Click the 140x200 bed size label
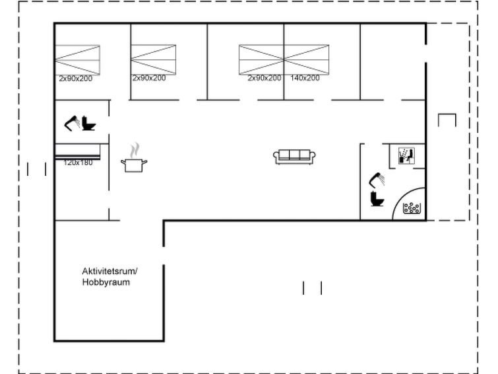pyautogui.click(x=305, y=78)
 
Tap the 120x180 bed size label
pyautogui.click(x=78, y=163)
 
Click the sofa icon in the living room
pyautogui.click(x=294, y=157)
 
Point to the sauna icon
pyautogui.click(x=406, y=156)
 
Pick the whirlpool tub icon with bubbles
pyautogui.click(x=412, y=208)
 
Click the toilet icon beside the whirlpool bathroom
pyautogui.click(x=377, y=199)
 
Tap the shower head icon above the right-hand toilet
pyautogui.click(x=377, y=180)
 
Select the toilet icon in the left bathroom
pyautogui.click(x=88, y=124)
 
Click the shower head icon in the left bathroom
pyautogui.click(x=72, y=124)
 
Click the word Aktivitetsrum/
pyautogui.click(x=110, y=272)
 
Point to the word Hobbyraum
pyautogui.click(x=106, y=282)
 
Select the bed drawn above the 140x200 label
pyautogui.click(x=307, y=60)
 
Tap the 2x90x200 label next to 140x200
pyautogui.click(x=265, y=78)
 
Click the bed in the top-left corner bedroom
pyautogui.click(x=77, y=60)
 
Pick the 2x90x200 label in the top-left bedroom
pyautogui.click(x=76, y=79)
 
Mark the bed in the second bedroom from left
pyautogui.click(x=154, y=60)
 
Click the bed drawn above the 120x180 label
pyautogui.click(x=78, y=151)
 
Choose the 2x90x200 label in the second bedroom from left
pyautogui.click(x=149, y=78)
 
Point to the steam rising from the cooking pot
pyautogui.click(x=135, y=150)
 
